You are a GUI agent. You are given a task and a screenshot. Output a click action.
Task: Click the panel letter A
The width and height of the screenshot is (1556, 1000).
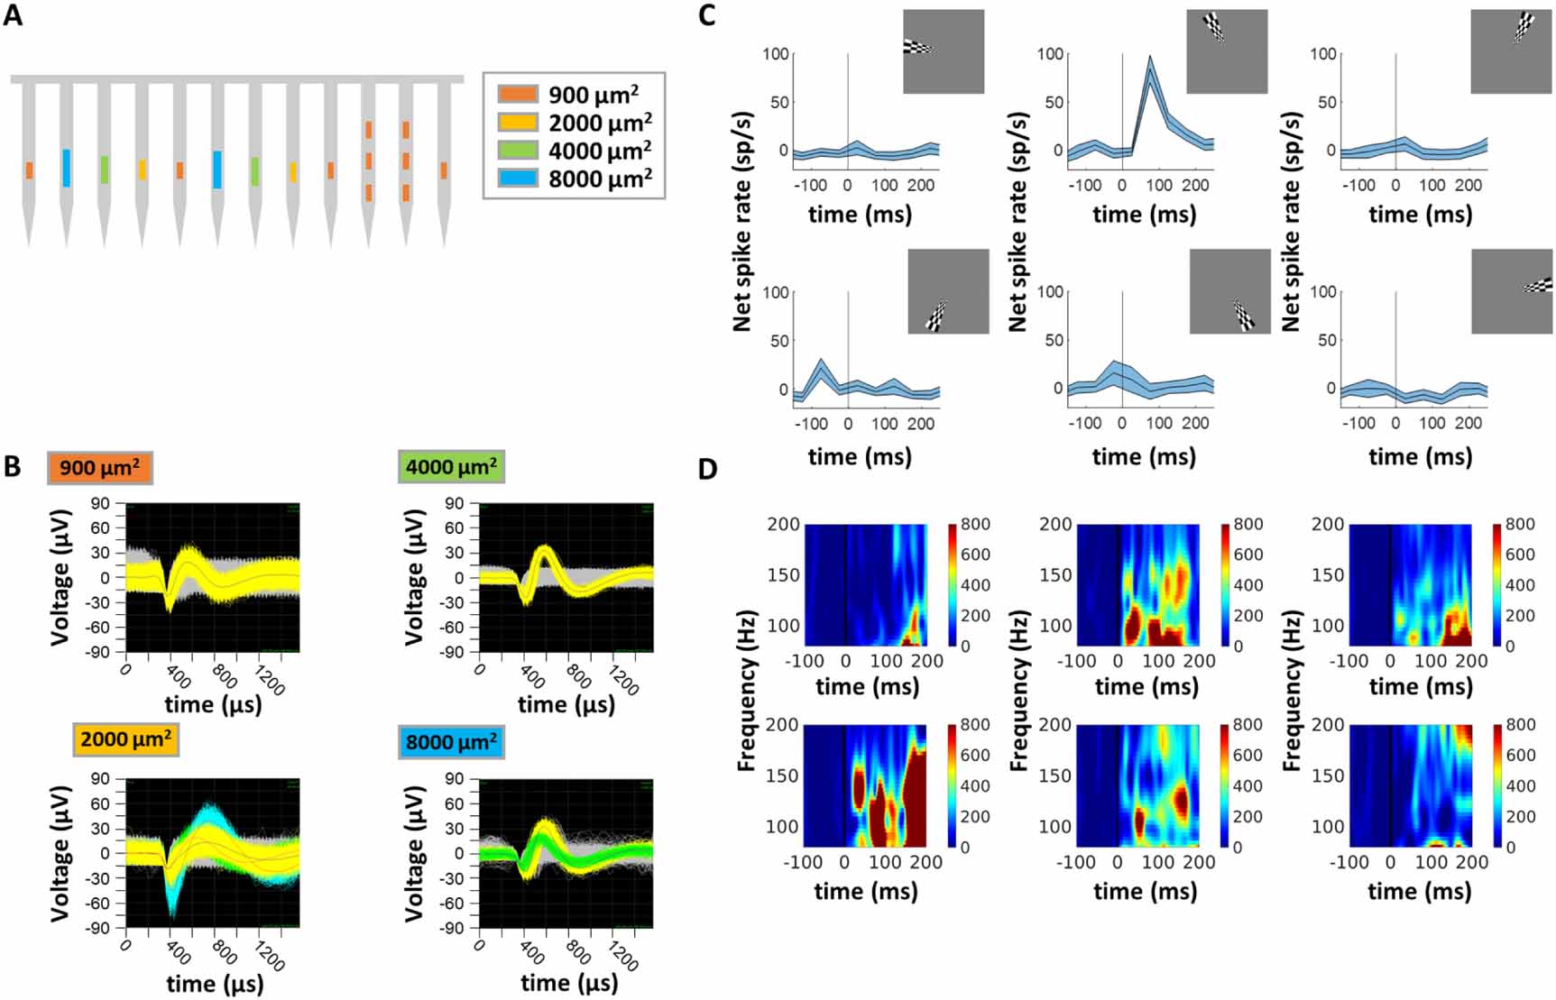pos(13,15)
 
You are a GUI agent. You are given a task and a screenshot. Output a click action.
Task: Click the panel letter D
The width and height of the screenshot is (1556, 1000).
pos(708,471)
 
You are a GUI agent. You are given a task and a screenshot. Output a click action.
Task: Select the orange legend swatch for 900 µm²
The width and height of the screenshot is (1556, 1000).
pos(518,95)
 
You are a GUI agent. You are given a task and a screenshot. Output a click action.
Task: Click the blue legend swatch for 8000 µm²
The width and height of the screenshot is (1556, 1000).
pos(518,179)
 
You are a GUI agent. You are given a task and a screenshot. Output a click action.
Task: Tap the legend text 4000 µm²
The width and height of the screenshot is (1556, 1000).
pos(600,151)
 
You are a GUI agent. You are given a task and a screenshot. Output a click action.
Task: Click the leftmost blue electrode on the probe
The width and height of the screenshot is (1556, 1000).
pos(67,169)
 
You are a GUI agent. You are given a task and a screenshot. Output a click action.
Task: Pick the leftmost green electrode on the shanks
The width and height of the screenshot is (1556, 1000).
pos(105,170)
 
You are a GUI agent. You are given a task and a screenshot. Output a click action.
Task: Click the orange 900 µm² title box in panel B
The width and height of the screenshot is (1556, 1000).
pos(100,468)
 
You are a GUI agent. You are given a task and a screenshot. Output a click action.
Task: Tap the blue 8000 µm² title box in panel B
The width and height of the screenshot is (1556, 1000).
pos(451,743)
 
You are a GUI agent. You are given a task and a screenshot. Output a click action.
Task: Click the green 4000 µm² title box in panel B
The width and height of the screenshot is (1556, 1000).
pos(451,467)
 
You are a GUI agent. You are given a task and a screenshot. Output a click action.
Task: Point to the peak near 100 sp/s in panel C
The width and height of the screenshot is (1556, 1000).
pos(1149,60)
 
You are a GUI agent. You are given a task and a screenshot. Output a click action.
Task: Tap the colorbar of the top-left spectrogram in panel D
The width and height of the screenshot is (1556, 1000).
pos(953,584)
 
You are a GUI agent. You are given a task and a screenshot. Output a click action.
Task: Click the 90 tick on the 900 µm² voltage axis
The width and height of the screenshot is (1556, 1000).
pos(100,504)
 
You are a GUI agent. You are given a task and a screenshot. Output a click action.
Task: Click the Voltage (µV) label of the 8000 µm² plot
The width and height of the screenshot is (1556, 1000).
pos(414,853)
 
